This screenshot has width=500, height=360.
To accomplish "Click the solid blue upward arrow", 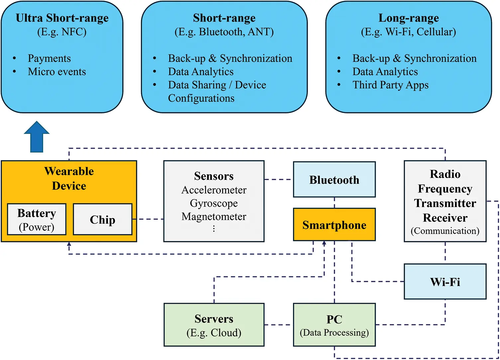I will coord(37,137).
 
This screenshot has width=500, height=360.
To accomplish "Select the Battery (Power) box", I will coord(37,220).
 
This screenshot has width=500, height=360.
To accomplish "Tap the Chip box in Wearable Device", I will coord(102,220).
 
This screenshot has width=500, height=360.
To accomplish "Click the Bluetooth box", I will coord(334,180).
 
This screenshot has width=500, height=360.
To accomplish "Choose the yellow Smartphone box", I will coord(334,225).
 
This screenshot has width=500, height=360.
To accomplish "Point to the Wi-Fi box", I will coord(445,282).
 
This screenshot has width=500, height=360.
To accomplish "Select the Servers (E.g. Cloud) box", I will coord(214,325).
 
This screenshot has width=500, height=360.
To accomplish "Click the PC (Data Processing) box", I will coord(334,325).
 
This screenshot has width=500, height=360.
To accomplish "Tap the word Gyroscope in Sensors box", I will coord(214,203).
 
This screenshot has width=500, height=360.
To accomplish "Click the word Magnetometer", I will coord(214,216).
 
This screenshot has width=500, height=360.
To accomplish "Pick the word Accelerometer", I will coord(214,190).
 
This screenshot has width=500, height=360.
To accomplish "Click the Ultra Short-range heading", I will coord(62,18).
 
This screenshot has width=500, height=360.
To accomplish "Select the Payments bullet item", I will coord(49,58).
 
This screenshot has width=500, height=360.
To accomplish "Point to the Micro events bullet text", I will coord(57,71).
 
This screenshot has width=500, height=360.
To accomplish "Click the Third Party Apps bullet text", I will coord(390,85).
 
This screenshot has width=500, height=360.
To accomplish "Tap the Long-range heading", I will coord(409,18).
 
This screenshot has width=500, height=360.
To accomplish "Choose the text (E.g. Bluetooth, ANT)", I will coord(224,32).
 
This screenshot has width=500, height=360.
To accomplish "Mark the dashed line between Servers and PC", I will coord(279,325).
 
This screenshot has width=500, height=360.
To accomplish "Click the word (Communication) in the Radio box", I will coord(445,231).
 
